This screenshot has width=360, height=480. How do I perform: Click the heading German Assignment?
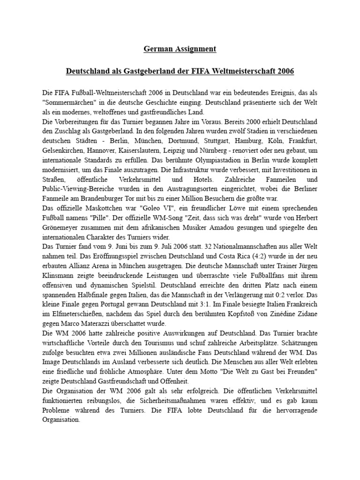[180, 48]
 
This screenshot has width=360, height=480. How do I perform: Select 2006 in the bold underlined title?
[285, 72]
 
